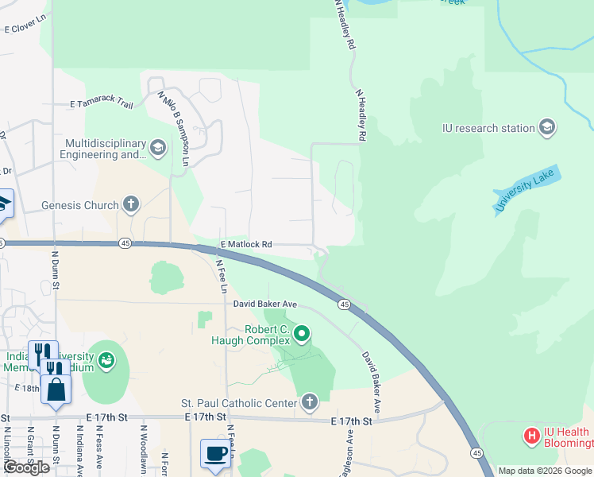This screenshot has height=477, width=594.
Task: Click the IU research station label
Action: coord(488,128)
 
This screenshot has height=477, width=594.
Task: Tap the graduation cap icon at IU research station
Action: coord(546,127)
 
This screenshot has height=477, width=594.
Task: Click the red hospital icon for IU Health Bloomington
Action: coord(531,436)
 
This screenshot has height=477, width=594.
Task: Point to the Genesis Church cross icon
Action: coord(131,205)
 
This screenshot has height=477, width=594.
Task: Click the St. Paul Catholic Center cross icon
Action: coord(309,403)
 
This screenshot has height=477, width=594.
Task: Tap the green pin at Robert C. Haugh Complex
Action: coord(301,333)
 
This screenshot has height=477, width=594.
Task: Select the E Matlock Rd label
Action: coord(246,244)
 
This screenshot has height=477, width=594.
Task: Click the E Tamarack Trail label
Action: coord(102,103)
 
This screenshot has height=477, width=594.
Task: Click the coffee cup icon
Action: coord(215,454)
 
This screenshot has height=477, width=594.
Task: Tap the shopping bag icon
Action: coord(56,390)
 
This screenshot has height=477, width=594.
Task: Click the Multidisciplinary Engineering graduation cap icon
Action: coord(157,148)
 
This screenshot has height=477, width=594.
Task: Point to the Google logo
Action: coord(25,467)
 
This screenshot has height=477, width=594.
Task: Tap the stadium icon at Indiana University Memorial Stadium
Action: coord(105,361)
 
